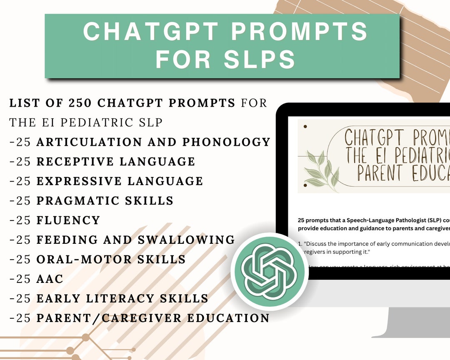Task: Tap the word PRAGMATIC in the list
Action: [75, 201]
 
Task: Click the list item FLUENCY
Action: [68, 220]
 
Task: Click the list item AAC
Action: [50, 279]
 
